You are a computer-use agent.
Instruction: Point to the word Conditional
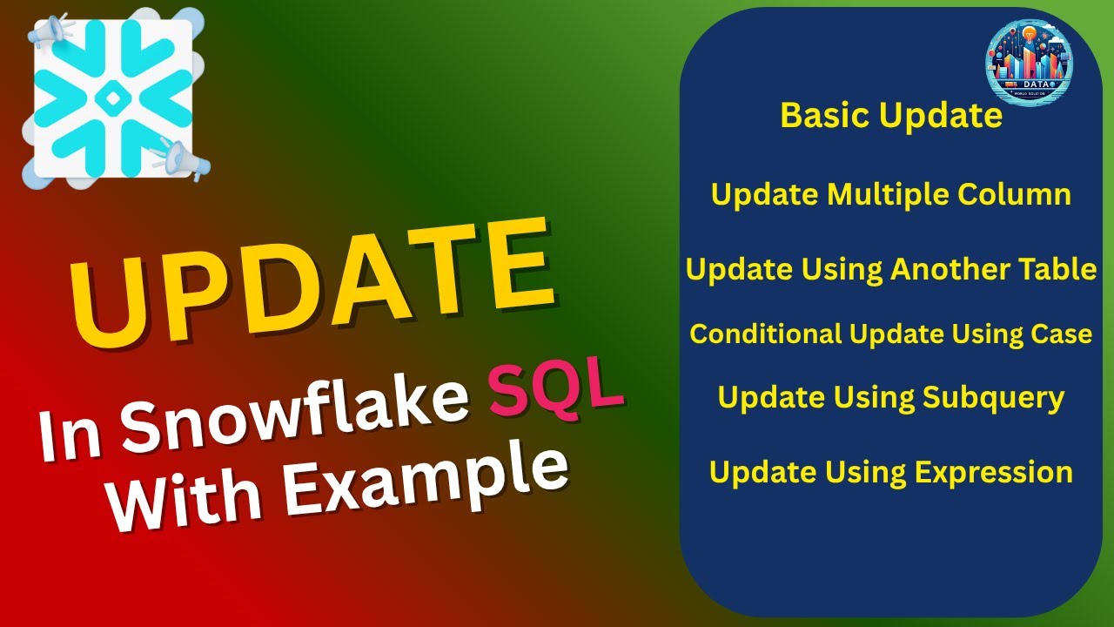(766, 334)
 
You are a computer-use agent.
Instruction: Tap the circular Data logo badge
(1029, 64)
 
